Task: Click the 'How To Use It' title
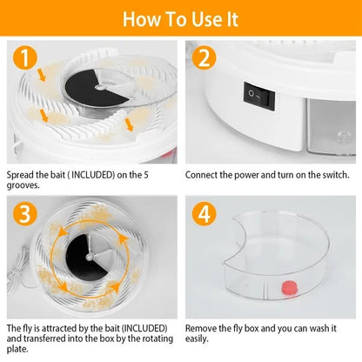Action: coord(181,18)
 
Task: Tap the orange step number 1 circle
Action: coord(26,58)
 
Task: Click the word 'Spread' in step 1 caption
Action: coord(21,174)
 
